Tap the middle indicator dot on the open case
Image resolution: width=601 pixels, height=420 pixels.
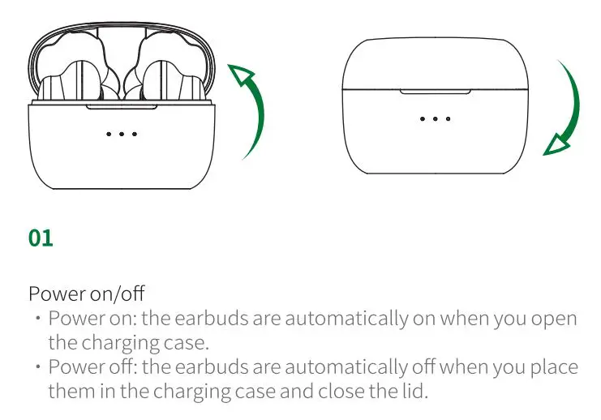coord(122,133)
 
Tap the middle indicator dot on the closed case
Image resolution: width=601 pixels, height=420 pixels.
coord(436,118)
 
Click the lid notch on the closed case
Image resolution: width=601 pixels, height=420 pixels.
coord(435,91)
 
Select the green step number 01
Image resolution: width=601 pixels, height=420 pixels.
coord(41,238)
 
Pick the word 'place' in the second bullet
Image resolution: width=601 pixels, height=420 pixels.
coord(555,367)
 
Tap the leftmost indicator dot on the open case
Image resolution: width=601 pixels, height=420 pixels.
coord(109,133)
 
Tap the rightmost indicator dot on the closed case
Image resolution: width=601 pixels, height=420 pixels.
coord(449,118)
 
